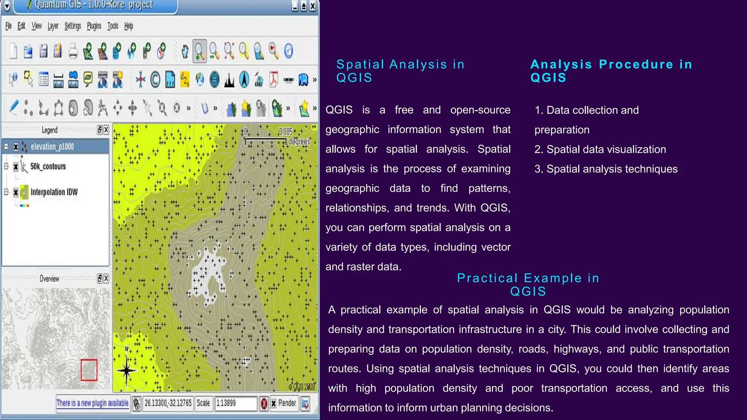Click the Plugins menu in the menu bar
tap(94, 26)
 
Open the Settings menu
tap(73, 26)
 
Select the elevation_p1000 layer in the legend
tap(52, 147)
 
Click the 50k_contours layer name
tap(48, 167)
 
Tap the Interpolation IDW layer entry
tap(54, 192)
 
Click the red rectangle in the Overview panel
tap(89, 370)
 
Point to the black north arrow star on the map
tap(126, 371)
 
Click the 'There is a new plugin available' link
tap(92, 403)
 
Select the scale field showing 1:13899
tap(235, 403)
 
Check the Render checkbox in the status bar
tap(274, 404)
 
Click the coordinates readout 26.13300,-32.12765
tap(168, 403)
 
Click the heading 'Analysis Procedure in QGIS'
tap(611, 71)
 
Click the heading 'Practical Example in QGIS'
tap(528, 284)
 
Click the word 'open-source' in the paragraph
tap(480, 110)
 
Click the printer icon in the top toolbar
tap(73, 51)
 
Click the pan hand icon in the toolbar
tap(185, 51)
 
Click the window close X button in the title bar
tap(313, 6)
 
